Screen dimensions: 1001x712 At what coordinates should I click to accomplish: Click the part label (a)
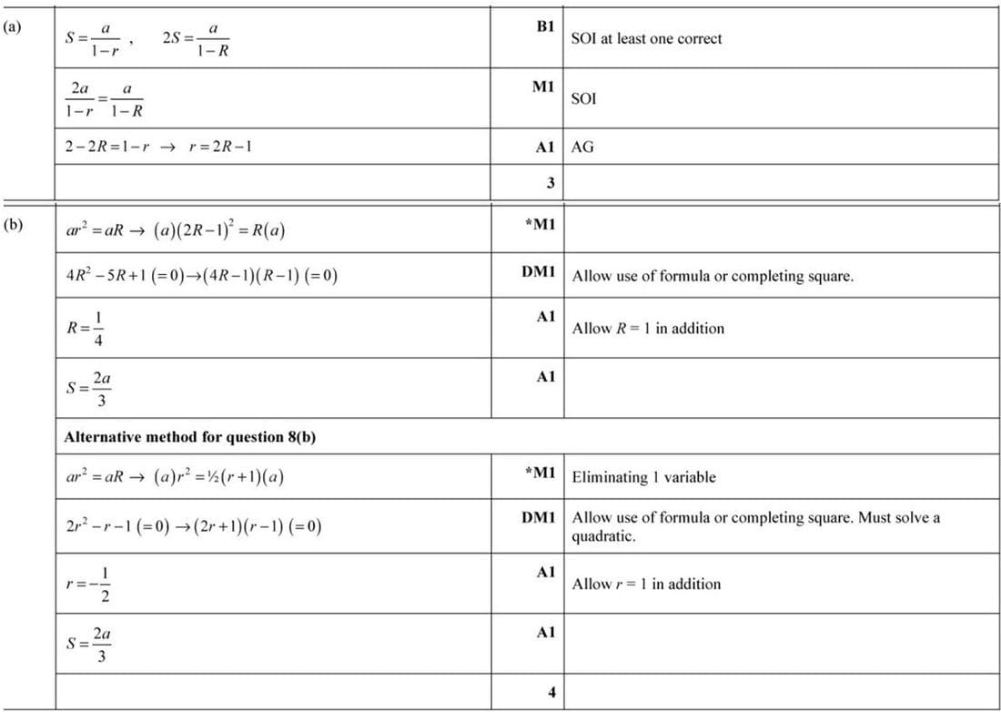[11, 27]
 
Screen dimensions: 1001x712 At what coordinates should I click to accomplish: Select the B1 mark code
[545, 27]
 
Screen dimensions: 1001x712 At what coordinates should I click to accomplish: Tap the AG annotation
[582, 147]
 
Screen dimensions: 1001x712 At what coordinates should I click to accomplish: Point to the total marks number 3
[551, 183]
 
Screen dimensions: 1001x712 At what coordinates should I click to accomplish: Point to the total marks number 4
[551, 692]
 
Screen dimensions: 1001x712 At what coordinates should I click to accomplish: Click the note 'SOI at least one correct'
[646, 39]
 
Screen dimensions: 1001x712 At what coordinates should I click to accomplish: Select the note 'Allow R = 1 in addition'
[648, 329]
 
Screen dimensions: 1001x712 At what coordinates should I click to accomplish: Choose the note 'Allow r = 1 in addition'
[646, 585]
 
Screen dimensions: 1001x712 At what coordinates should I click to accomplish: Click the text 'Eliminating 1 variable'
[643, 477]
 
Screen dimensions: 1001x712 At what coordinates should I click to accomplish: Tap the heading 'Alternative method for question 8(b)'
[189, 437]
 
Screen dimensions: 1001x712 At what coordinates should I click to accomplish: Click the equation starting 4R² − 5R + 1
[201, 275]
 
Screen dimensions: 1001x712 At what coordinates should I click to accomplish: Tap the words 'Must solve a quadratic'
[755, 527]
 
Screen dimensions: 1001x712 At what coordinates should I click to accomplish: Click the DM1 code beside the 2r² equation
[539, 517]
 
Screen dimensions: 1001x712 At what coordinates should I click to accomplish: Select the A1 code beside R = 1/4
[545, 316]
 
